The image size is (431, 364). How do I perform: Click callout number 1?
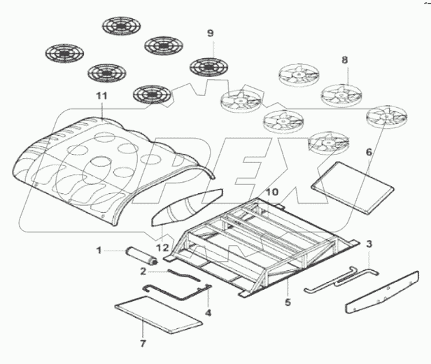tap(99, 248)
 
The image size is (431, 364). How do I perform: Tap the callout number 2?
tap(143, 270)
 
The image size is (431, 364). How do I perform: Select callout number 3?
tap(369, 244)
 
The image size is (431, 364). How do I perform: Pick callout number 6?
tap(369, 151)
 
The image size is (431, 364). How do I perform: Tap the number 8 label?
tap(344, 61)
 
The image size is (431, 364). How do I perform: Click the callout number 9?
tap(209, 33)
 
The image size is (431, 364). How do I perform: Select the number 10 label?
tap(272, 192)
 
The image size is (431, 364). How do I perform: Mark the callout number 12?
tap(162, 247)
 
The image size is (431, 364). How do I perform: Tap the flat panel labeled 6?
tap(346, 185)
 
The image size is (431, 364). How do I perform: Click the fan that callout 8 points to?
tap(345, 92)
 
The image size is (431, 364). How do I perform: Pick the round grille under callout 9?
tap(209, 68)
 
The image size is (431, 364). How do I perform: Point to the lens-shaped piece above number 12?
tap(185, 207)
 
